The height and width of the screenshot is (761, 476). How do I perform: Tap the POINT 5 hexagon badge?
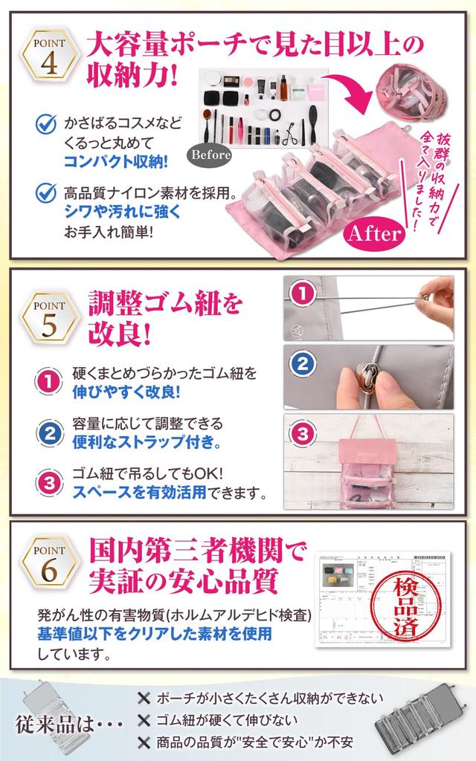[x=50, y=319]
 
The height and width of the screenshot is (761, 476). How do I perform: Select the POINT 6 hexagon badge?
[x=50, y=564]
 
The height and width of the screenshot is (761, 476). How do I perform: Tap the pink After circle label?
[x=374, y=233]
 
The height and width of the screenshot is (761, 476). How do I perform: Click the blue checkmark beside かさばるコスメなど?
[x=46, y=123]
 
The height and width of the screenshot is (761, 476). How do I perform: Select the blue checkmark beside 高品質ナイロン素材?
[x=46, y=193]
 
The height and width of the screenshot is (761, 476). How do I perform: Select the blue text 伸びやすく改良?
[x=126, y=392]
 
